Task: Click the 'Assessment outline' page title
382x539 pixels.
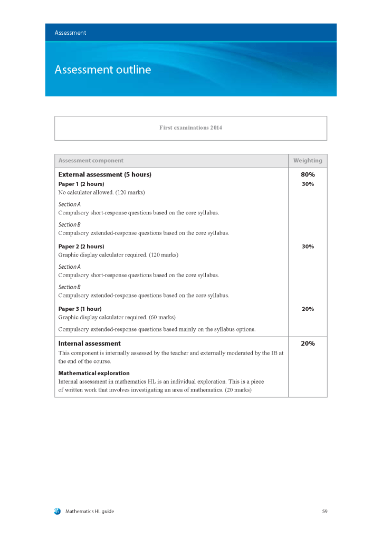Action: [102, 70]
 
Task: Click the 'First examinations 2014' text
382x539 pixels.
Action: [190, 128]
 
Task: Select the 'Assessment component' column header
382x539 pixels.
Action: [91, 161]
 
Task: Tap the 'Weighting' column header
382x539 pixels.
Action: [308, 161]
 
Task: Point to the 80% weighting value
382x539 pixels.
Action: [308, 174]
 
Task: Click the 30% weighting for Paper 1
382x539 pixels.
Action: [308, 184]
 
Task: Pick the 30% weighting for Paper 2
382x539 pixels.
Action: [308, 246]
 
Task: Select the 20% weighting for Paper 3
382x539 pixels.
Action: [308, 309]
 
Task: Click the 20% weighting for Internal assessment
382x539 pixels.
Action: [308, 344]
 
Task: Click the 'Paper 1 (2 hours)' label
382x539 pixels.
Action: [81, 184]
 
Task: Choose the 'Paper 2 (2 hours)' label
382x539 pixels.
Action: [81, 246]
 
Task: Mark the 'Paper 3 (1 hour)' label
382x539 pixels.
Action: [80, 309]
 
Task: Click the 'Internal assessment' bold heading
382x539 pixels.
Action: [89, 344]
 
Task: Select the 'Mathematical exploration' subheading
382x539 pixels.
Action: [94, 373]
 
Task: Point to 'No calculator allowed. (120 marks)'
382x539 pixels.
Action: [101, 193]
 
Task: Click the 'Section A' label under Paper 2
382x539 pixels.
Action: [69, 267]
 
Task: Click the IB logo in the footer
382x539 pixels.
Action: [57, 511]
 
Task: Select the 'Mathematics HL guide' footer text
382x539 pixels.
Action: [90, 511]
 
